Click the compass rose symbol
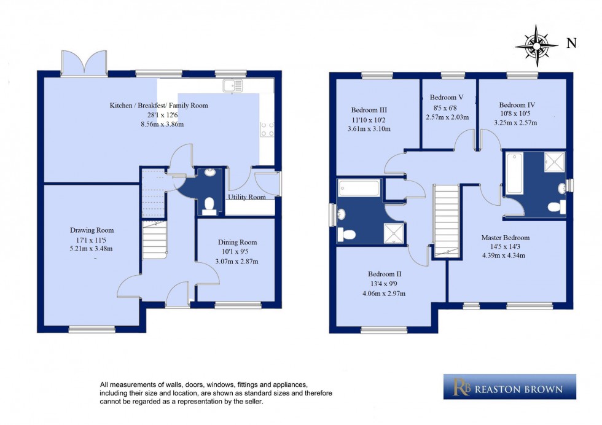click(x=537, y=45)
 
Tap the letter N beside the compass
click(x=571, y=43)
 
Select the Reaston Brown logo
click(x=509, y=387)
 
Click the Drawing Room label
click(x=92, y=230)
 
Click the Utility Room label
click(x=247, y=197)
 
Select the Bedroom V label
click(x=447, y=98)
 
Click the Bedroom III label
click(x=369, y=110)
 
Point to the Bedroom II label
click(x=385, y=274)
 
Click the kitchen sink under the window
click(x=233, y=86)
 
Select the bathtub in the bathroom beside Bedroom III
click(x=360, y=187)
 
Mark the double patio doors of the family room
click(x=84, y=61)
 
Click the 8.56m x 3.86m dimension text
click(x=158, y=124)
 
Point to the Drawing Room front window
click(x=92, y=330)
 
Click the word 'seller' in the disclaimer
click(x=251, y=402)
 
